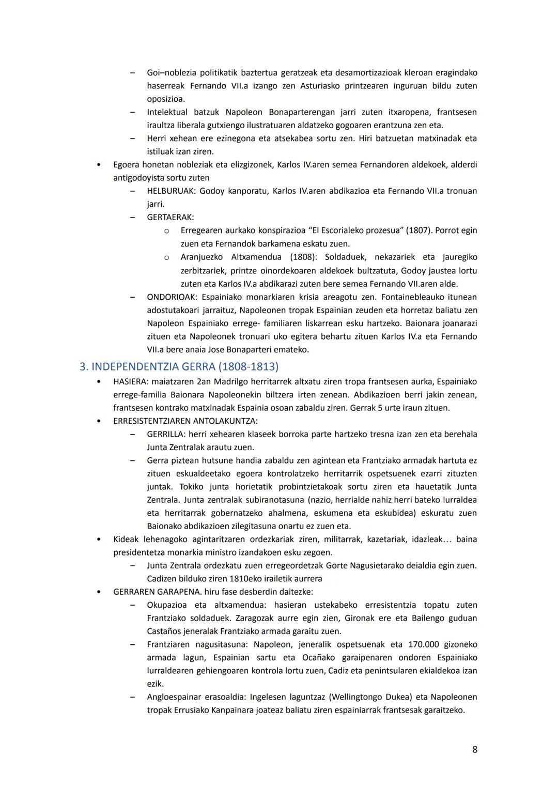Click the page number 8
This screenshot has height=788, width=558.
pos(474,749)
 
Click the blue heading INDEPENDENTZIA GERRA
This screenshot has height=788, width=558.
pos(179,367)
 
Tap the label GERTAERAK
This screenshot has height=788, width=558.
pos(170,218)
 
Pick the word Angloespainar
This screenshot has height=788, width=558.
pos(177,697)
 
